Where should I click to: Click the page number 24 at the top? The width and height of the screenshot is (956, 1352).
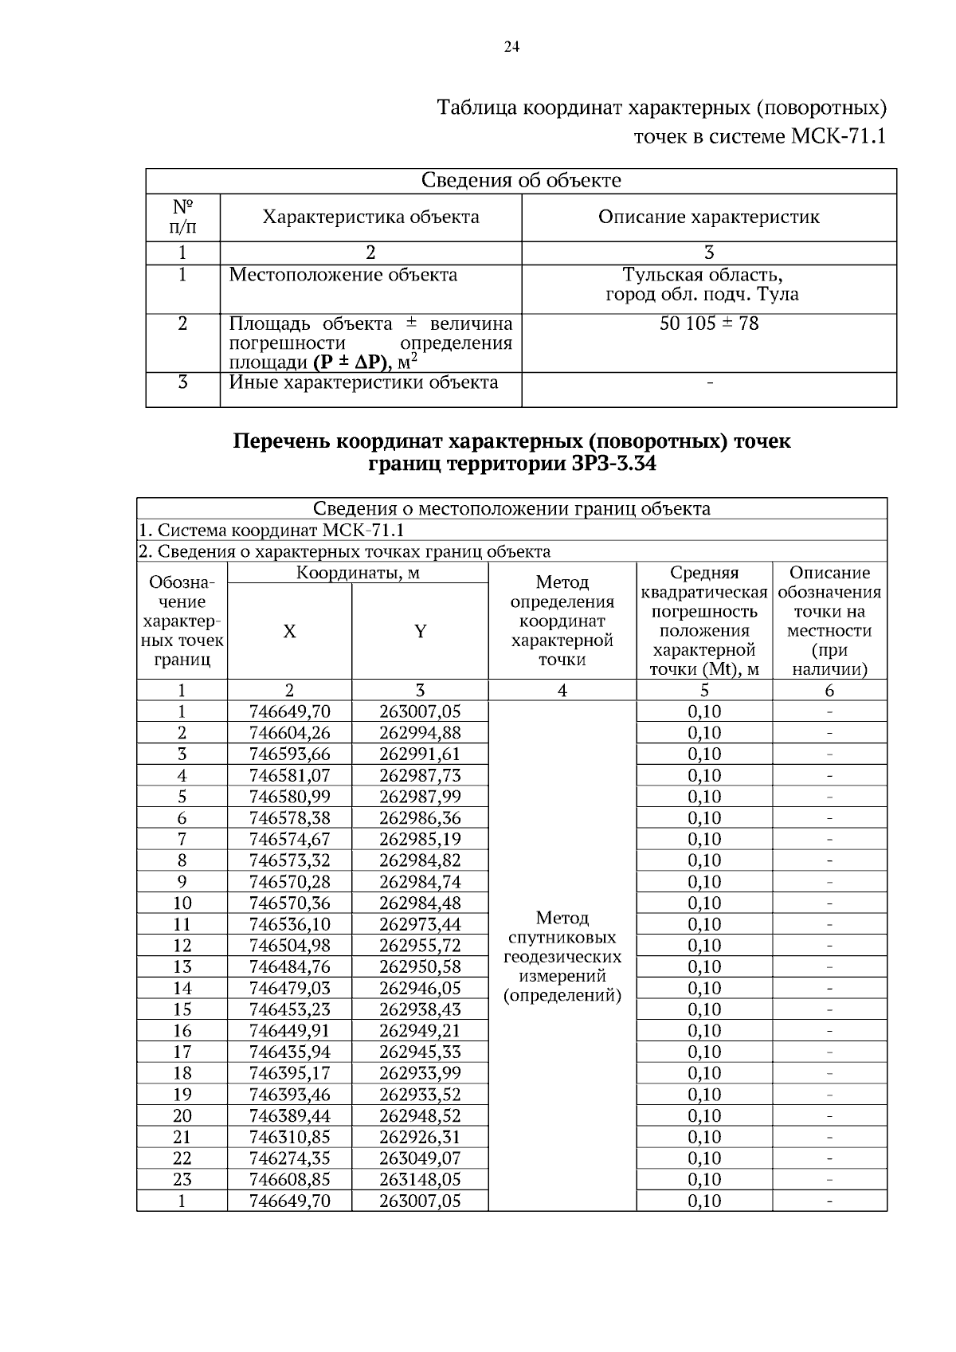coord(511,48)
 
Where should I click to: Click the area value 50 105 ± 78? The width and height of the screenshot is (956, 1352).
coord(709,323)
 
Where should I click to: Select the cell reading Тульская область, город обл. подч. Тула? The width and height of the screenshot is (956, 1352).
coord(702,285)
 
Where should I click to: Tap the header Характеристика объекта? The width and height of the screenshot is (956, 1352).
coord(370,217)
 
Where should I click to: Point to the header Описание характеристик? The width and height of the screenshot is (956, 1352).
coord(708,217)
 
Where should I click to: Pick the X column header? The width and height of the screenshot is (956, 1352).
coord(289,632)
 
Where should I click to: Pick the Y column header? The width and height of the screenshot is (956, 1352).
coord(420,632)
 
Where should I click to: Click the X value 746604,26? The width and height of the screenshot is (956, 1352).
coord(289,733)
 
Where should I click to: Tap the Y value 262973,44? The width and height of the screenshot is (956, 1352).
coord(420,924)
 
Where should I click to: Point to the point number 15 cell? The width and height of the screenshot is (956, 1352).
coord(182,1009)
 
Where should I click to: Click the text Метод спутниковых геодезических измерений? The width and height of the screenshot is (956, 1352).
coord(562,956)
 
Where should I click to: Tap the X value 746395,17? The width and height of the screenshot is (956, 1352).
coord(289,1073)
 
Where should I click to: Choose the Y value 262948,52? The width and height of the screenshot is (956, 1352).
coord(420,1115)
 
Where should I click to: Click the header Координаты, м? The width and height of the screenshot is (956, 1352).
coord(358,573)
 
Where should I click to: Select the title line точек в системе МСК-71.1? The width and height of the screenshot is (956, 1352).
coord(759,136)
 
